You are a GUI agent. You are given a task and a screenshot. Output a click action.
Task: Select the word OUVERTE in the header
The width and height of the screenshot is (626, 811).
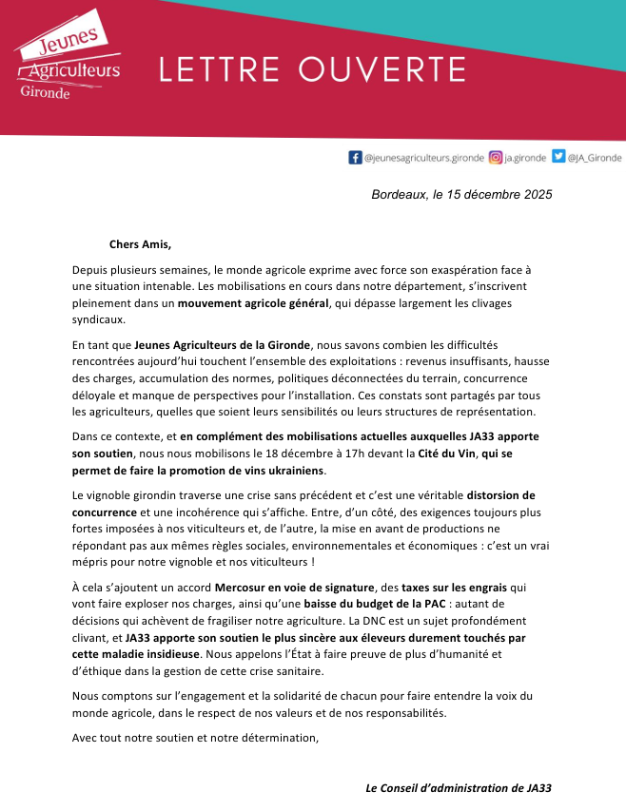[x=382, y=69]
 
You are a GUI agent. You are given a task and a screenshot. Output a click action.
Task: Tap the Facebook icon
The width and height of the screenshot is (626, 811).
[x=356, y=158]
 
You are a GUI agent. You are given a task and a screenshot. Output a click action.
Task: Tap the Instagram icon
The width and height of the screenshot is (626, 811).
[x=495, y=158]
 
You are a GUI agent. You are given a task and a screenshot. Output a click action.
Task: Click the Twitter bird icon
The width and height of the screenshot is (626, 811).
[x=558, y=158]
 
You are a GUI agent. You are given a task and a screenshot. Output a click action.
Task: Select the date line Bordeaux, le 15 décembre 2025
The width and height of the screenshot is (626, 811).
[x=461, y=195]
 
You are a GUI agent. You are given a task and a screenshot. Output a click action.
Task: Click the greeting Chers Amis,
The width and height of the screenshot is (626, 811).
[x=141, y=243]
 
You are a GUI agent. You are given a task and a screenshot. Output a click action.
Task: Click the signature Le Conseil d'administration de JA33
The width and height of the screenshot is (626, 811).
[x=459, y=788]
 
